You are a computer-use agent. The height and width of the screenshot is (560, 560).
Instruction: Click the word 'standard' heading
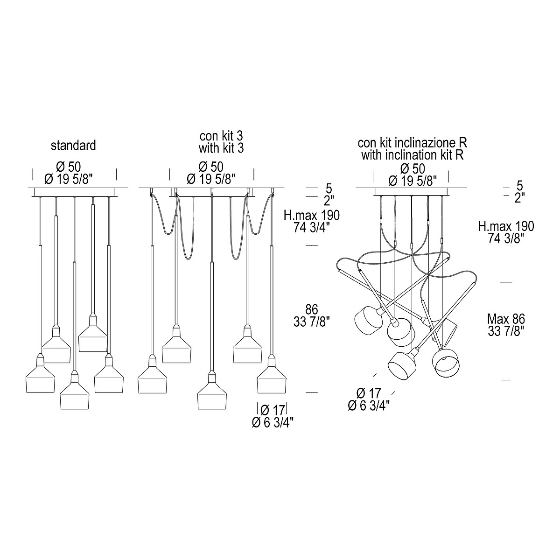(73, 145)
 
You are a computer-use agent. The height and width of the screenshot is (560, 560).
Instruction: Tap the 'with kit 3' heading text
(221, 148)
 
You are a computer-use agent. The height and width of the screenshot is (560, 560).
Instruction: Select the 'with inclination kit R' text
(412, 155)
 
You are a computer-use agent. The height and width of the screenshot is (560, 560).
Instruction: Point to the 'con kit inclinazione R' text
(412, 143)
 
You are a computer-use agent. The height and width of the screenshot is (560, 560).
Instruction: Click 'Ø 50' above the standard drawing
(69, 167)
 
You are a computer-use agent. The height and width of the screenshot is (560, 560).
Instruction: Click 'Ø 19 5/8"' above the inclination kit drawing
(413, 181)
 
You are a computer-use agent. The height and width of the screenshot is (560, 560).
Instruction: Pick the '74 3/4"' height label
(312, 227)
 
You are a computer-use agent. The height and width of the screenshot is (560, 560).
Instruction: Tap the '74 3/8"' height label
(506, 238)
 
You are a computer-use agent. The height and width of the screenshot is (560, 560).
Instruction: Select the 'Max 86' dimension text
(506, 319)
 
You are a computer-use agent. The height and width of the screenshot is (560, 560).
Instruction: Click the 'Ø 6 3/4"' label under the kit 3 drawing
(273, 422)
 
